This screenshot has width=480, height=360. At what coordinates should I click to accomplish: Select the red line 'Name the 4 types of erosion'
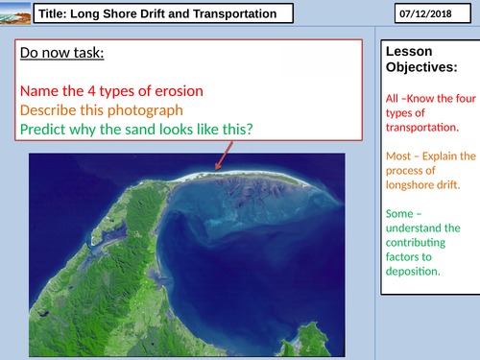tap(119, 91)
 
